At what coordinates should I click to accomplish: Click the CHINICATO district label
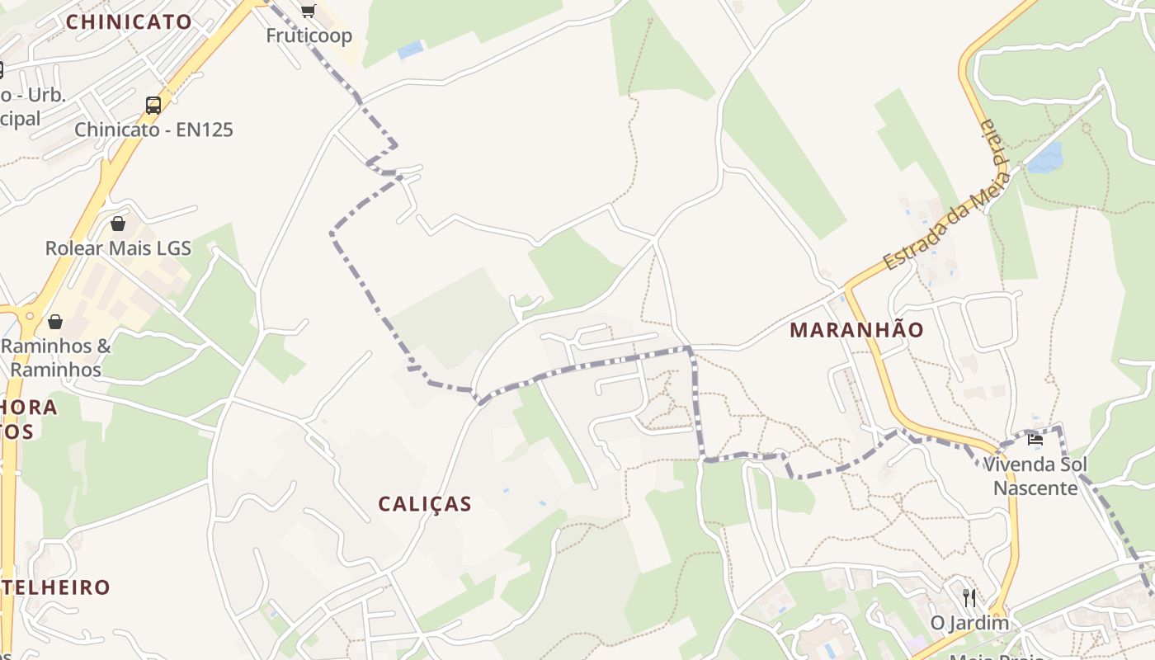[x=129, y=22]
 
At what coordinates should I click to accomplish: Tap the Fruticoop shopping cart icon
[x=309, y=11]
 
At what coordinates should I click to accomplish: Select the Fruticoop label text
[x=309, y=35]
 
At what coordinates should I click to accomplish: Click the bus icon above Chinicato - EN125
[x=153, y=105]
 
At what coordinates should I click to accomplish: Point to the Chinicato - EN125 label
[x=153, y=130]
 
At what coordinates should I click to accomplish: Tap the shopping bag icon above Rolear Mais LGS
[x=118, y=223]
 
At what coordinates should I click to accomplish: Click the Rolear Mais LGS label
[x=118, y=247]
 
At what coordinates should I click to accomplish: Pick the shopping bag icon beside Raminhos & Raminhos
[x=55, y=321]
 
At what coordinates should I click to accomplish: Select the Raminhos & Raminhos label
[x=56, y=357]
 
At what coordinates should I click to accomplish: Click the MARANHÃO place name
[x=856, y=330]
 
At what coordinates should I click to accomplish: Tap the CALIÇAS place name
[x=425, y=503]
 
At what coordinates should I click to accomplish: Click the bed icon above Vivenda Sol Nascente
[x=1035, y=439]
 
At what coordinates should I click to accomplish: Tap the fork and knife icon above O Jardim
[x=969, y=596]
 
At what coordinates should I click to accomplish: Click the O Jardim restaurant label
[x=969, y=622]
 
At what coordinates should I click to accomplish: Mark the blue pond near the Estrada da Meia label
[x=1044, y=158]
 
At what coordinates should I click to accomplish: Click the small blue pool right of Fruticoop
[x=410, y=50]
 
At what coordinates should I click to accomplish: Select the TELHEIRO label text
[x=56, y=587]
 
